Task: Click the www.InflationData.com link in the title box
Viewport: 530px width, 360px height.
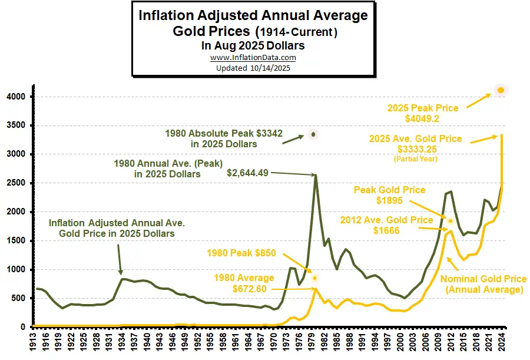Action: pyautogui.click(x=253, y=58)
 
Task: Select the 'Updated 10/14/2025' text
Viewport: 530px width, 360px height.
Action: pyautogui.click(x=253, y=68)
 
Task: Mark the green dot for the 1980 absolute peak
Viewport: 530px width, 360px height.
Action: pyautogui.click(x=313, y=134)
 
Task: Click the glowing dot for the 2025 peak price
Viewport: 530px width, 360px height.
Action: pyautogui.click(x=501, y=90)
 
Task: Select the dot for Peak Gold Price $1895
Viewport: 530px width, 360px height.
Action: pyautogui.click(x=450, y=221)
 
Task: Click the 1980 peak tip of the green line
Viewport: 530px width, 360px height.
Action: pyautogui.click(x=316, y=174)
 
